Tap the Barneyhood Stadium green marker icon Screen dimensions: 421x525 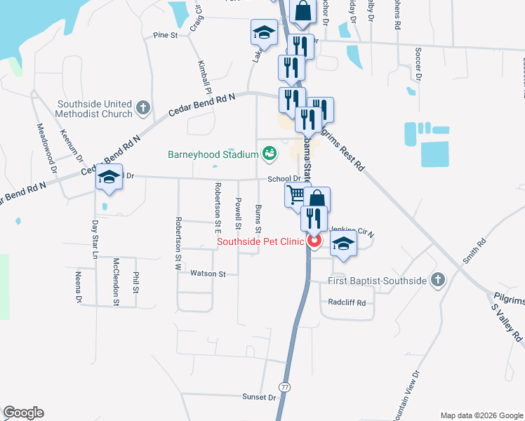269,152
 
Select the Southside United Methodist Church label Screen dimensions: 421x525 95,108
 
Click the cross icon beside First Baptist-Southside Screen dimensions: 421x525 437,281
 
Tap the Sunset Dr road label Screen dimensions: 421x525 260,397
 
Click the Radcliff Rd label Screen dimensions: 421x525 347,302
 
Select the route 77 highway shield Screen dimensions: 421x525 284,387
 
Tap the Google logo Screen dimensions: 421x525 23,413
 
